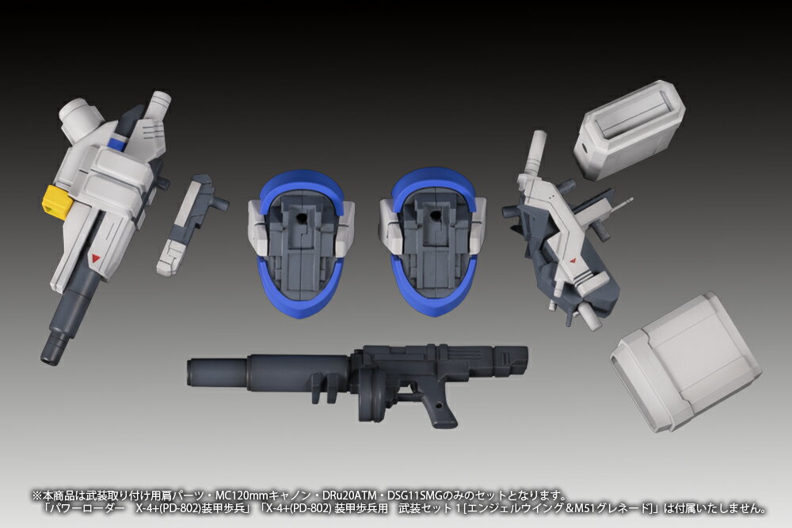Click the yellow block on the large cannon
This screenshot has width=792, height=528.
click(56, 202)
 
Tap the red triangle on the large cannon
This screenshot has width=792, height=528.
click(96, 258)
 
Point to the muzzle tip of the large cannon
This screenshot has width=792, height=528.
click(50, 361)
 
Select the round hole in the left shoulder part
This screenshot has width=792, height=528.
click(301, 218)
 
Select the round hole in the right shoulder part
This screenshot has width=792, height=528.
click(433, 217)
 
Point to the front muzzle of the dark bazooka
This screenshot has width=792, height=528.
click(192, 374)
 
